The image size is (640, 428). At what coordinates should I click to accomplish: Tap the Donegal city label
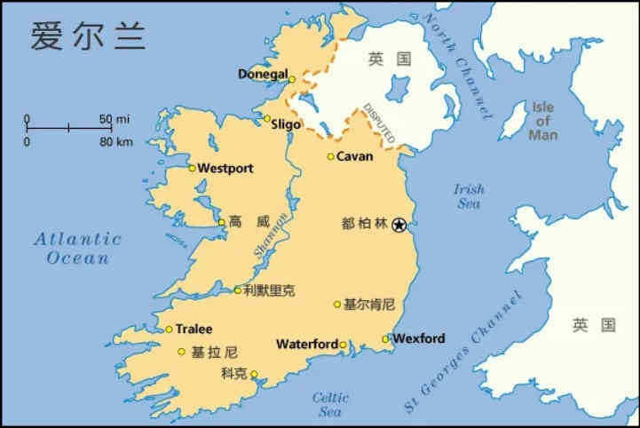pyautogui.click(x=263, y=74)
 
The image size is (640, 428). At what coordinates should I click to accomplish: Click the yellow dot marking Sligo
pyautogui.click(x=267, y=118)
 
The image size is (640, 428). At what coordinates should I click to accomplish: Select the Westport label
pyautogui.click(x=225, y=168)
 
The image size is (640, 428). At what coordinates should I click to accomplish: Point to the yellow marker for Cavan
pyautogui.click(x=331, y=157)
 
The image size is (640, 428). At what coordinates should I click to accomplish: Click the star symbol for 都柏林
pyautogui.click(x=399, y=224)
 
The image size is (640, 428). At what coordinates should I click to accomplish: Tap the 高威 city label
pyautogui.click(x=248, y=222)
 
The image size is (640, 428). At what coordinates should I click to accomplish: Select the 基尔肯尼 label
pyautogui.click(x=369, y=305)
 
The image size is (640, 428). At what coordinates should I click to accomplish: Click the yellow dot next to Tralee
pyautogui.click(x=169, y=329)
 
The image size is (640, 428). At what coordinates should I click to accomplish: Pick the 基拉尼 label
pyautogui.click(x=214, y=352)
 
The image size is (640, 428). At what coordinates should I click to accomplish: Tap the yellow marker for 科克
pyautogui.click(x=254, y=374)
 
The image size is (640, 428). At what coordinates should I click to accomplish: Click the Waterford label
pyautogui.click(x=307, y=345)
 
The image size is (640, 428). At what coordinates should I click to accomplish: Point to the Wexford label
pyautogui.click(x=419, y=338)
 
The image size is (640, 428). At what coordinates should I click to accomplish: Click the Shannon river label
pyautogui.click(x=272, y=234)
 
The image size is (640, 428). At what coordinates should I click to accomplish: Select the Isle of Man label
pyautogui.click(x=543, y=122)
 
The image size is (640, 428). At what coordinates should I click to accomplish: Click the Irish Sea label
pyautogui.click(x=469, y=196)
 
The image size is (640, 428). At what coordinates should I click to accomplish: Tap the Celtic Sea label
pyautogui.click(x=330, y=405)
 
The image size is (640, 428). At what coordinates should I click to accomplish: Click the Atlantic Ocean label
pyautogui.click(x=77, y=248)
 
